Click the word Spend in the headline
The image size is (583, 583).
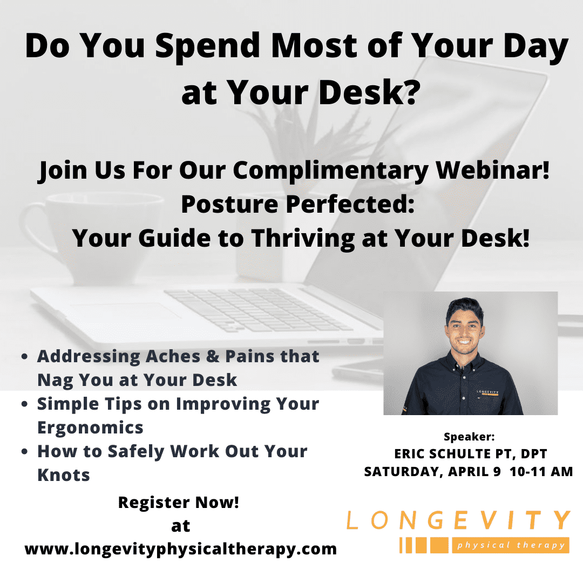click(207, 47)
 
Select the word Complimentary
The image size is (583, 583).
click(330, 171)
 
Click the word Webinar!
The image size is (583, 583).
click(492, 170)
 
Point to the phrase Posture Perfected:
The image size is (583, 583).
click(297, 204)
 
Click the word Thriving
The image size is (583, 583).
click(303, 239)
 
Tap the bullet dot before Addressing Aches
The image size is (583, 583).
click(24, 357)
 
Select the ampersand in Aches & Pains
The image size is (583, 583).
click(212, 356)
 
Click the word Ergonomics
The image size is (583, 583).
click(90, 428)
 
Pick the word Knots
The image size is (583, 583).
click(64, 475)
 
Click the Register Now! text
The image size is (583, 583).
click(179, 503)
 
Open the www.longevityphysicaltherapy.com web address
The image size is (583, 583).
click(181, 549)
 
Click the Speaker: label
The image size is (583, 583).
click(469, 437)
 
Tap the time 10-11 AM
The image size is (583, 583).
click(541, 471)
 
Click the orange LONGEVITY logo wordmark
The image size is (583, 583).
click(458, 520)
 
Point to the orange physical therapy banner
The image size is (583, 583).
click(511, 545)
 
